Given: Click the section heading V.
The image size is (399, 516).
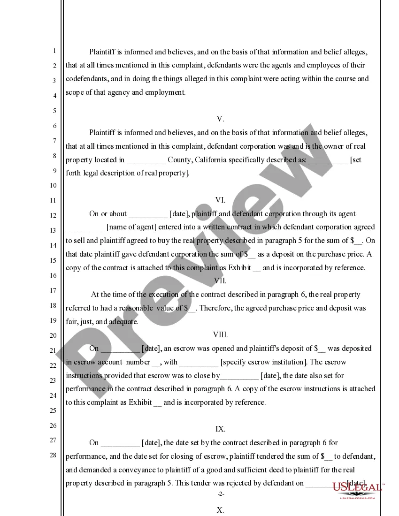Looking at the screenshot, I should click(220, 119).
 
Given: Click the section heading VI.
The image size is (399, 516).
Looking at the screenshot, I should click(220, 200).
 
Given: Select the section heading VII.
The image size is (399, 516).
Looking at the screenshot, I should click(220, 281).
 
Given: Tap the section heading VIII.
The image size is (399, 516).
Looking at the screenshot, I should click(220, 335).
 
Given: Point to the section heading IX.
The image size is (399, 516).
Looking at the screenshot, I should click(220, 429).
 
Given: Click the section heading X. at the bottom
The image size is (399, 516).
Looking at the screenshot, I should click(220, 510).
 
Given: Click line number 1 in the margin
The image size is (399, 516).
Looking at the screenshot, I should click(54, 51).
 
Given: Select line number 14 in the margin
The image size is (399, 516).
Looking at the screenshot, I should click(54, 245).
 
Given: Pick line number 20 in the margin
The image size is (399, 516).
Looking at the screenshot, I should click(54, 335).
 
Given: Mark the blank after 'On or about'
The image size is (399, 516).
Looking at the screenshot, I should click(147, 214).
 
